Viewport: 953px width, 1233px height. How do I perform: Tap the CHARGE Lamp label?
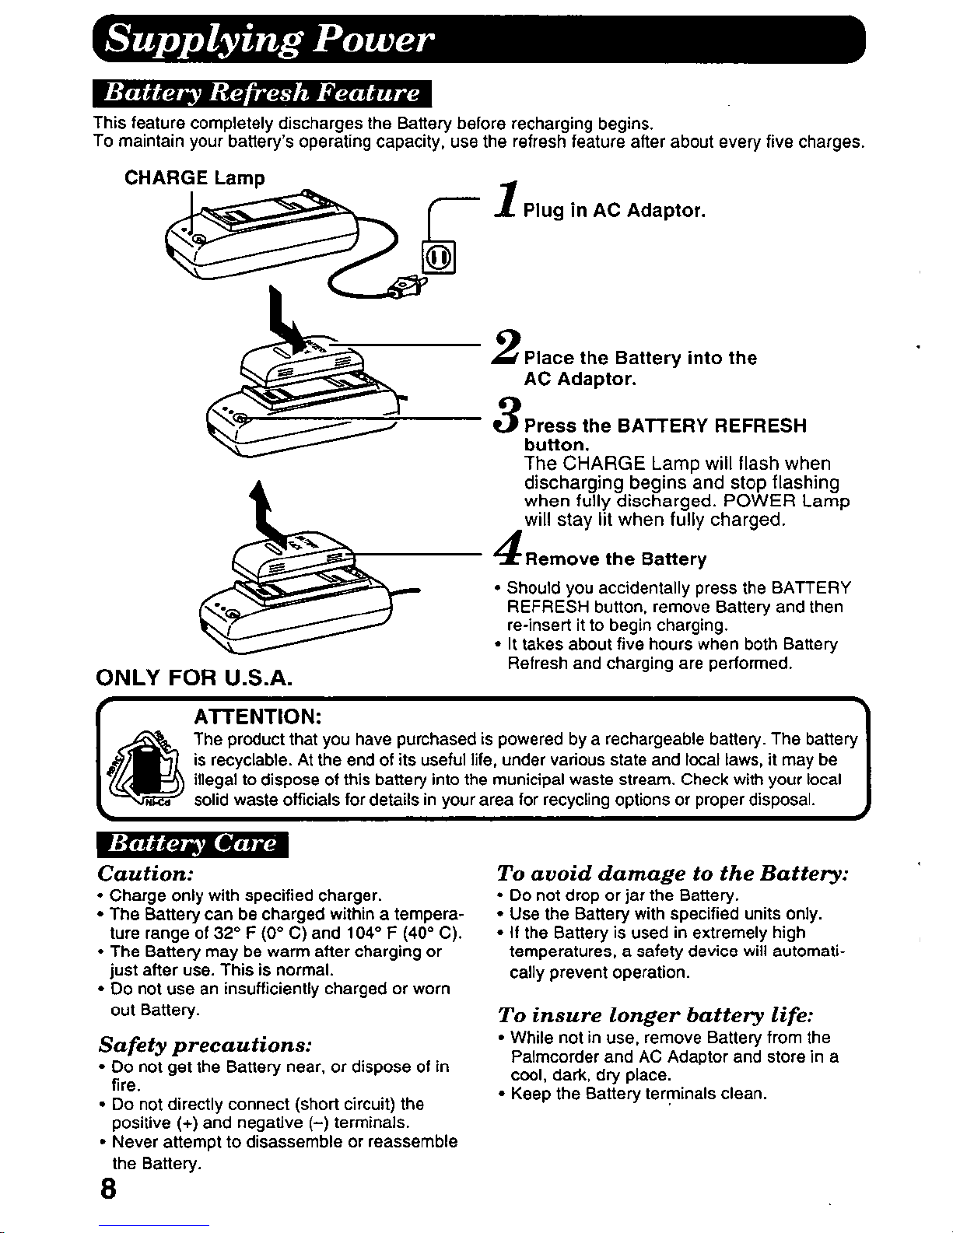(x=194, y=178)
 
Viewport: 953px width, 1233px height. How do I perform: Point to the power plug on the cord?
(x=408, y=289)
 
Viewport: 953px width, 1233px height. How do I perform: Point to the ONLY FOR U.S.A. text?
(x=193, y=678)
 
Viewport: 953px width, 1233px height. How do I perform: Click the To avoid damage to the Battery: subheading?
(x=672, y=873)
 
